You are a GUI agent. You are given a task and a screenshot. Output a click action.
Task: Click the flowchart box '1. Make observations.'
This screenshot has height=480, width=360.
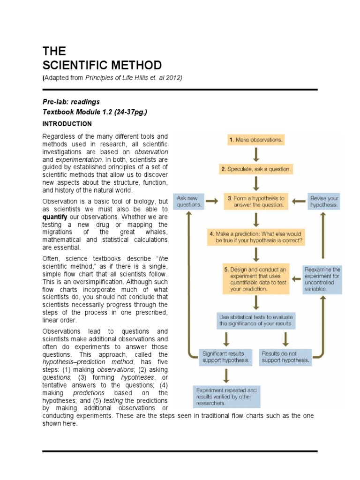[x=255, y=140]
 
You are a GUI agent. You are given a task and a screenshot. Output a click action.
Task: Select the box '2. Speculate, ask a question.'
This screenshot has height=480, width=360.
[x=255, y=169]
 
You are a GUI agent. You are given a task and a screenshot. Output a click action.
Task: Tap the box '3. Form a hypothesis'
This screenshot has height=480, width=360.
[x=255, y=202]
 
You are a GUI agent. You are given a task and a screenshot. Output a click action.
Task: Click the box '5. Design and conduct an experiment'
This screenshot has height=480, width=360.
[x=255, y=279]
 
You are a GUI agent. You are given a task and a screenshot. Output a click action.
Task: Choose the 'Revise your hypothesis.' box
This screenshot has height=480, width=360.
[x=324, y=202]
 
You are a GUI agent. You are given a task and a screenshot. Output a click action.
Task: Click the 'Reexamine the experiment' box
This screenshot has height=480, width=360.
[x=322, y=279]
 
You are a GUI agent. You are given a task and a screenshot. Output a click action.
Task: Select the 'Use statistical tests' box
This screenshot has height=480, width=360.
[x=256, y=321]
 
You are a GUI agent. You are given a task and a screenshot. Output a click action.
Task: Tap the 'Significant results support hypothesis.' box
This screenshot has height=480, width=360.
[x=226, y=357]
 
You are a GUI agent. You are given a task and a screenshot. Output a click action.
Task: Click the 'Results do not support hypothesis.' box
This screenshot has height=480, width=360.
[x=285, y=357]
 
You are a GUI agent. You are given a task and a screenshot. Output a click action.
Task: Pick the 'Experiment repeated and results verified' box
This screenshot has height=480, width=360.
[x=227, y=397]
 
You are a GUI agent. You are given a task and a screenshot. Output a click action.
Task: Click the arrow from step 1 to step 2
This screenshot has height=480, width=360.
[x=255, y=154]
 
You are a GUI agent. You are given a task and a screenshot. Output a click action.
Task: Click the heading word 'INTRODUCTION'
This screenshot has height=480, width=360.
[x=67, y=124]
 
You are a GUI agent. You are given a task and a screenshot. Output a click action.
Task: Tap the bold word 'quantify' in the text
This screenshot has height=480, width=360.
[x=55, y=217]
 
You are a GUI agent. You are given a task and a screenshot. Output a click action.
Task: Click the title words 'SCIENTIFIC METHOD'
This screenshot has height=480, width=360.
[x=102, y=65]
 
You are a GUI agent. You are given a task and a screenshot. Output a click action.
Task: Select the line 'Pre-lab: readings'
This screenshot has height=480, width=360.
[x=71, y=102]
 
